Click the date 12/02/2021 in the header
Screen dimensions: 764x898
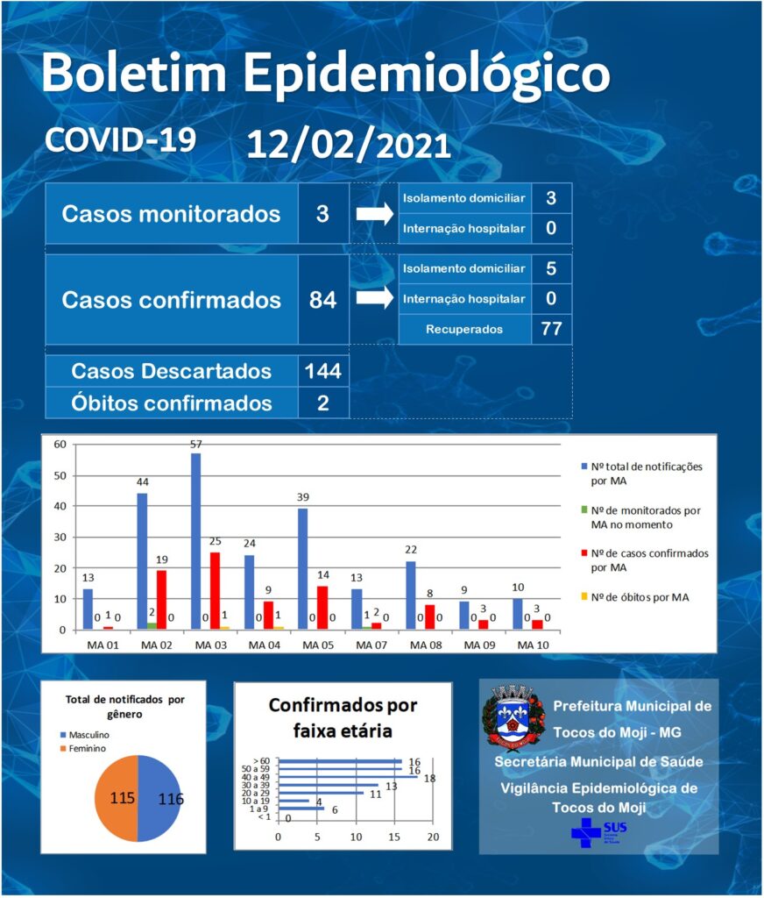click(349, 146)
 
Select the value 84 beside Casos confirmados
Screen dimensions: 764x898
click(322, 300)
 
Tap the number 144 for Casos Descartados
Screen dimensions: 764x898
click(322, 371)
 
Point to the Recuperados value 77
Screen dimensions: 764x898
click(551, 329)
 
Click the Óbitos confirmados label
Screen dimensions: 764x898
click(171, 403)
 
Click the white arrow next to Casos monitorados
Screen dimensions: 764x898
click(375, 214)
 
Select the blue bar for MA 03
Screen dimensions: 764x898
click(195, 541)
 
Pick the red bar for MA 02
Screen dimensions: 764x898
click(161, 600)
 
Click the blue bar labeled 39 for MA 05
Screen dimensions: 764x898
click(303, 568)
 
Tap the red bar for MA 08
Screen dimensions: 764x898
click(430, 616)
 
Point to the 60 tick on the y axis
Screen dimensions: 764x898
click(60, 445)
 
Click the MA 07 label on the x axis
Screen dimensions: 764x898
click(371, 645)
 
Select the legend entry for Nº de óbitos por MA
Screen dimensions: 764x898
click(635, 597)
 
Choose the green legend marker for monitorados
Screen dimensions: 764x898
click(584, 510)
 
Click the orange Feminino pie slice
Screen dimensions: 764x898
click(117, 798)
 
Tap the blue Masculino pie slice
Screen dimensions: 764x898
click(159, 798)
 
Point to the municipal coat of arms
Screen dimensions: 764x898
click(513, 716)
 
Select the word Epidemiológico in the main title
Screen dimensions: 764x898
click(427, 74)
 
